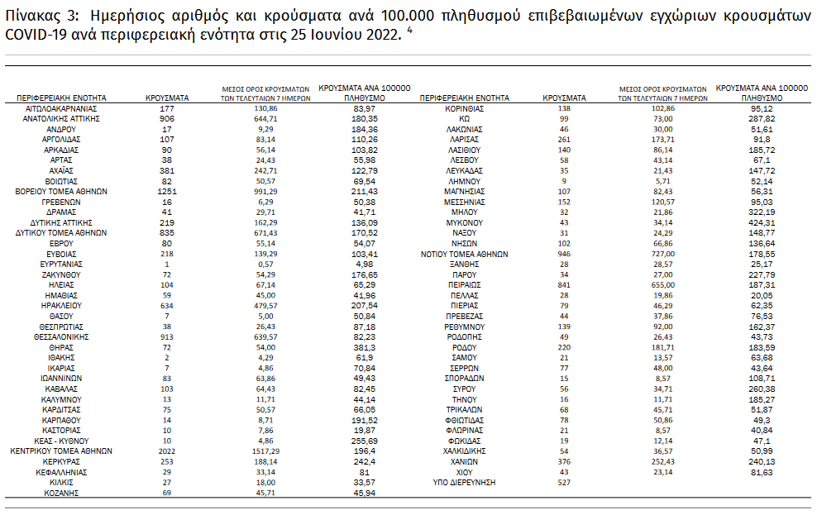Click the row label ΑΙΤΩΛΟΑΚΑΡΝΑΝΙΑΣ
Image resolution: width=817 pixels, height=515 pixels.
62,108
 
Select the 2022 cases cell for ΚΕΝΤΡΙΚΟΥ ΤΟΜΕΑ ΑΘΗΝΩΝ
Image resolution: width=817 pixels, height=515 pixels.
167,451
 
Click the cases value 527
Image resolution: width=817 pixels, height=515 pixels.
565,482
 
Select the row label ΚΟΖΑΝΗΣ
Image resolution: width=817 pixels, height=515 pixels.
62,493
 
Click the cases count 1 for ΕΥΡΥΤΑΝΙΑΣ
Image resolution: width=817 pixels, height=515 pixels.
167,265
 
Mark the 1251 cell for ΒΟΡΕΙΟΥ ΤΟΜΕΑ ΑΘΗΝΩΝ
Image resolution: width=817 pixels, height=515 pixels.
167,192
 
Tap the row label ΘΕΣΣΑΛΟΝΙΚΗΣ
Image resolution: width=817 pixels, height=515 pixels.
62,337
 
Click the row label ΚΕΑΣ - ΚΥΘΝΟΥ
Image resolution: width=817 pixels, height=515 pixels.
62,441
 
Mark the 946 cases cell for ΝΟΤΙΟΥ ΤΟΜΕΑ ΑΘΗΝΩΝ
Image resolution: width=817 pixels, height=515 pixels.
565,254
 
